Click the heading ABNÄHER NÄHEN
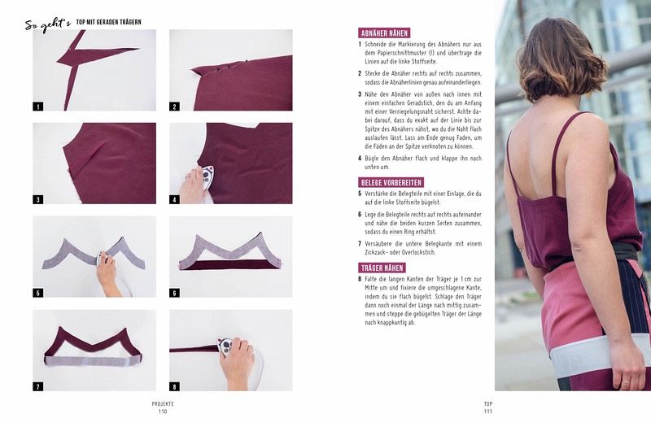tap(384, 33)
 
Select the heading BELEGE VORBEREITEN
tap(391, 182)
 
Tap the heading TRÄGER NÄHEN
tap(382, 268)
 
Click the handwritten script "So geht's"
tap(48, 24)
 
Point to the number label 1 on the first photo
tap(37, 107)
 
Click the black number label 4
tap(174, 199)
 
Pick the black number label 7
tap(37, 386)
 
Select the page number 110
tap(163, 412)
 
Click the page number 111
tap(487, 412)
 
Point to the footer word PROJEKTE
tap(163, 403)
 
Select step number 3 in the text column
tap(360, 94)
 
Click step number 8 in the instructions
tap(360, 279)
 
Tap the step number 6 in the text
tap(360, 215)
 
